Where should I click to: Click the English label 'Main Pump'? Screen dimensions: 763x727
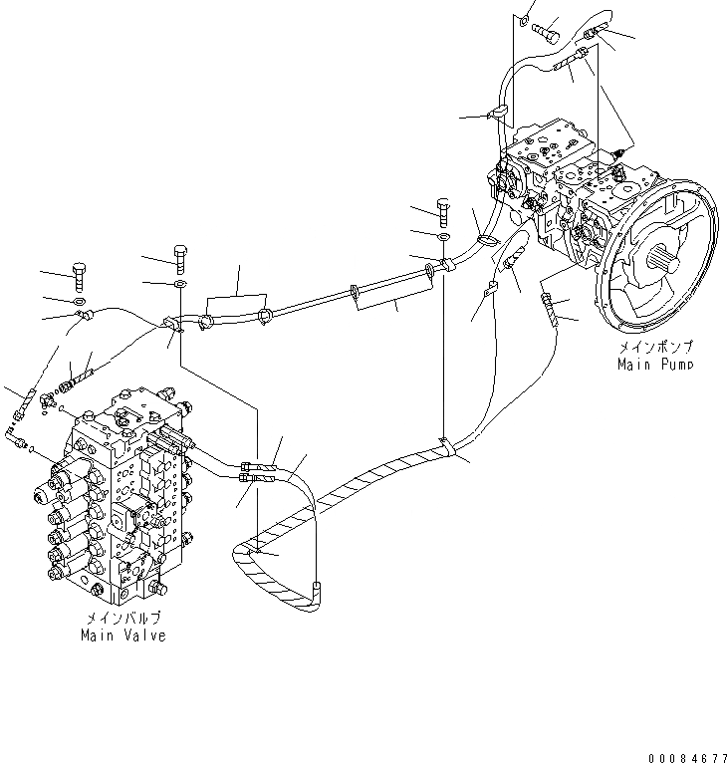pyautogui.click(x=653, y=364)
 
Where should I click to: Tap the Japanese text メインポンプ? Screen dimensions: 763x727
pyautogui.click(x=653, y=348)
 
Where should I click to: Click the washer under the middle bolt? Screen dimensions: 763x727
pyautogui.click(x=443, y=236)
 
